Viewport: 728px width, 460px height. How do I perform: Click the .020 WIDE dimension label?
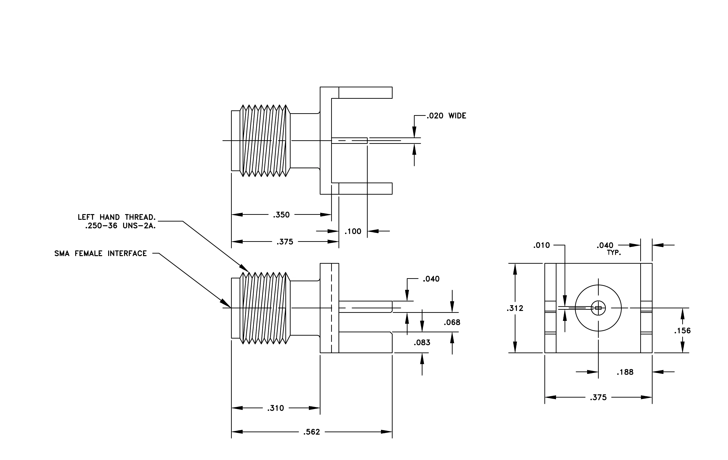pos(446,116)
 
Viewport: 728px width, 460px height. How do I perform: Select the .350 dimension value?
pos(282,215)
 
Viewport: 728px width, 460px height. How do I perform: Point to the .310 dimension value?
pos(276,408)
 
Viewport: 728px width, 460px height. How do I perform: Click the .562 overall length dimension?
pos(312,432)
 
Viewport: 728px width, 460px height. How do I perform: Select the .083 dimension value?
pos(422,343)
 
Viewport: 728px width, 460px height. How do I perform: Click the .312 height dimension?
pos(515,308)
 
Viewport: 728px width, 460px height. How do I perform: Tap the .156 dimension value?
pos(682,331)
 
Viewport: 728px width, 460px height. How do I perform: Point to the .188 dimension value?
pos(625,372)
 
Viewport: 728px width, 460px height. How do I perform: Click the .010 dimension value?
pos(542,245)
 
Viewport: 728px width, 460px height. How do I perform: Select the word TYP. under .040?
pos(614,253)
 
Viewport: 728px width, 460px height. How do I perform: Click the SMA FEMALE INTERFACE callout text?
pos(101,253)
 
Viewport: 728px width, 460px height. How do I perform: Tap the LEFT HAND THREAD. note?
pos(117,217)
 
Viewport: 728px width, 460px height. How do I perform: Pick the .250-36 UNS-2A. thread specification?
pos(120,226)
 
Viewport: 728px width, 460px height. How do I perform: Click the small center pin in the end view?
pos(598,308)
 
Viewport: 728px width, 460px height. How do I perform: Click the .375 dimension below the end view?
pos(598,397)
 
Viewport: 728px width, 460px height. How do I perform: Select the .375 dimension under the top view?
pos(285,242)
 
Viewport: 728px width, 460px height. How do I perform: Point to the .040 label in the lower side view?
pos(431,279)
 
